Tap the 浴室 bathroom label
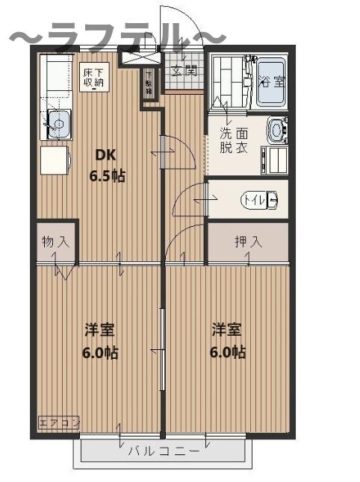point(270,81)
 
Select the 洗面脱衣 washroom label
point(233,141)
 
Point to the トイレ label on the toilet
point(256,200)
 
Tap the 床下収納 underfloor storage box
point(94,77)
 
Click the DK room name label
point(104,156)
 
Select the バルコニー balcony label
point(163,451)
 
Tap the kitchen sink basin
point(59,121)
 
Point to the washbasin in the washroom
point(277,131)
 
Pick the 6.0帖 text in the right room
point(227,352)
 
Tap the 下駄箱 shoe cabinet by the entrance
point(149,83)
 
